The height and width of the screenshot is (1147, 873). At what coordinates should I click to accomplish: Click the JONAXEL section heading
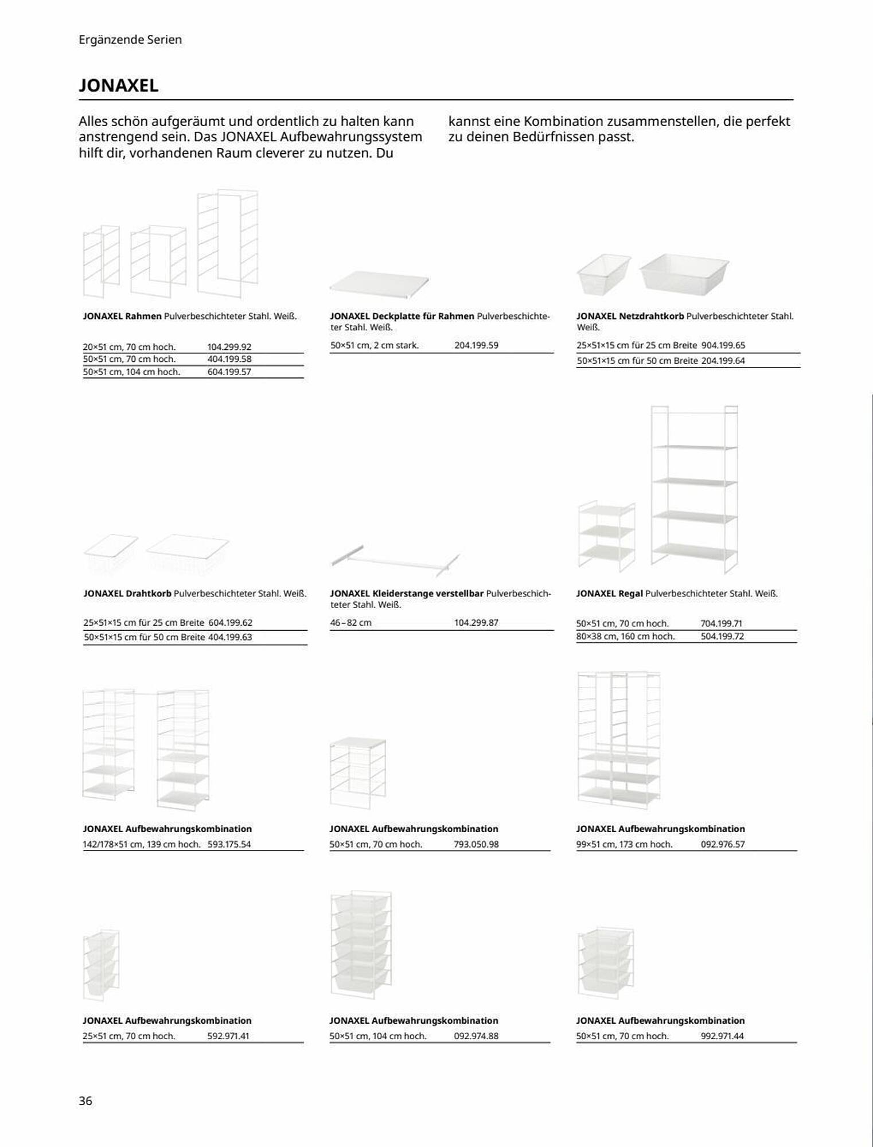pyautogui.click(x=119, y=85)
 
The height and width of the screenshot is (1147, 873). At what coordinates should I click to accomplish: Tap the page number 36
pyautogui.click(x=85, y=1101)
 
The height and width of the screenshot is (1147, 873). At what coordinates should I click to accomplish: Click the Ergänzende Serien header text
pyautogui.click(x=130, y=40)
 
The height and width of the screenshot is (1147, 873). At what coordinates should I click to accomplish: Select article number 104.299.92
pyautogui.click(x=229, y=347)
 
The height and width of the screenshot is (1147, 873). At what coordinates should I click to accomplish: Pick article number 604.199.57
pyautogui.click(x=229, y=372)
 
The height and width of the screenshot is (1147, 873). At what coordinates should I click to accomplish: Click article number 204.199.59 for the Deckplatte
pyautogui.click(x=476, y=345)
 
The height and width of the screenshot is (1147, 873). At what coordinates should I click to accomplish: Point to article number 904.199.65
pyautogui.click(x=723, y=345)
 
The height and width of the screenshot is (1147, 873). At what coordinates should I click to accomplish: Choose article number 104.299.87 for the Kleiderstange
pyautogui.click(x=476, y=622)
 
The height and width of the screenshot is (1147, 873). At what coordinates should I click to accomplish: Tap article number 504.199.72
pyautogui.click(x=722, y=636)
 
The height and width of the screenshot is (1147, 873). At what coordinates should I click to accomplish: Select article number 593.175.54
pyautogui.click(x=229, y=844)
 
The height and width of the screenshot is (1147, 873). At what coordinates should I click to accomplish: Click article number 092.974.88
pyautogui.click(x=476, y=1036)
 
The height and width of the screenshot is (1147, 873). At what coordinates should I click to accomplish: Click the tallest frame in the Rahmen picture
pyautogui.click(x=228, y=244)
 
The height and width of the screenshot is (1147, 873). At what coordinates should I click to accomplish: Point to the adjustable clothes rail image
pyautogui.click(x=396, y=559)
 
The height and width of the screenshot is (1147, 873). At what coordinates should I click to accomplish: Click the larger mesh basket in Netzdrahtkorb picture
pyautogui.click(x=684, y=273)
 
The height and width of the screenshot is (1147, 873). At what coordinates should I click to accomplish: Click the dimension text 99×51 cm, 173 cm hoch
pyautogui.click(x=624, y=844)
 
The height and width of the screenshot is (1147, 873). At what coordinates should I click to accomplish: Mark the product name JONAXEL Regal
pyautogui.click(x=609, y=594)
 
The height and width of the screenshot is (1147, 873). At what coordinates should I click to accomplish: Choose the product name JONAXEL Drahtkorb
pyautogui.click(x=127, y=594)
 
